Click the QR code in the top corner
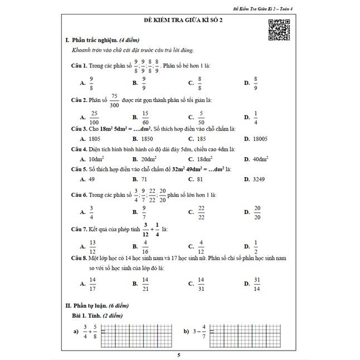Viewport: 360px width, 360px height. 279,30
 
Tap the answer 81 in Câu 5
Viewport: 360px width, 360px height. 200,179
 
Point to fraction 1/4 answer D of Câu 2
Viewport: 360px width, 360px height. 256,118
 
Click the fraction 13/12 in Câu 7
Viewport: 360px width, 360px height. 93,245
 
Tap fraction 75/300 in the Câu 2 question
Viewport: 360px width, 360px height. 115,100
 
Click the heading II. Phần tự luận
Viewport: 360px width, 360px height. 98,306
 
